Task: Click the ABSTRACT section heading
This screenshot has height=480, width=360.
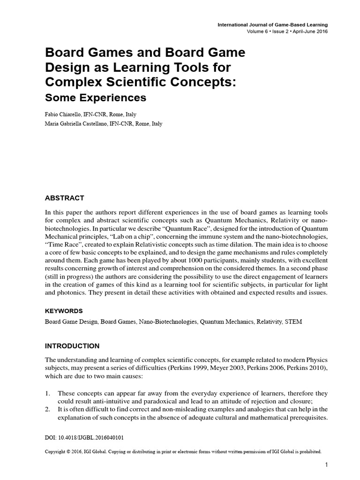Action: tap(64, 198)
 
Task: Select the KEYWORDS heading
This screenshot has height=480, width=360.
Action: tap(64, 311)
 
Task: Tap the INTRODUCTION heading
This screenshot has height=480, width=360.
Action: tap(72, 346)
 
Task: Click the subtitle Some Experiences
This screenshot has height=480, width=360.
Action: tap(96, 98)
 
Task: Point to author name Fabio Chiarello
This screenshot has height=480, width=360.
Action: tap(62, 114)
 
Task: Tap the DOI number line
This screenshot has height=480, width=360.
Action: tap(84, 437)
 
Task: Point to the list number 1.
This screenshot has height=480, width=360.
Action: tap(47, 393)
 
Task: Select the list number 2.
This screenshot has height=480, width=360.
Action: tap(47, 410)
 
